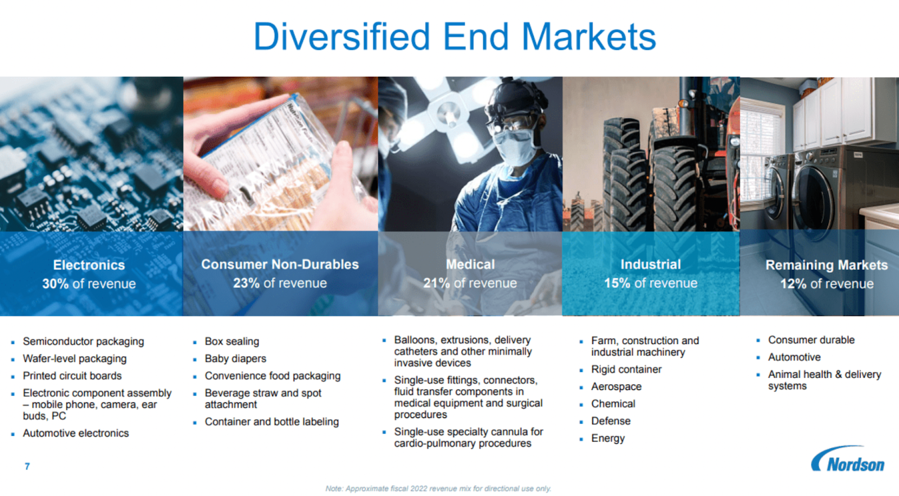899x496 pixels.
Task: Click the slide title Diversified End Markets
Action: pos(455,37)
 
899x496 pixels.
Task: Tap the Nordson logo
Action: pos(848,459)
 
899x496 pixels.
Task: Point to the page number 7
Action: pos(27,466)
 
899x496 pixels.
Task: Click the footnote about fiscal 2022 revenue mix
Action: pos(438,488)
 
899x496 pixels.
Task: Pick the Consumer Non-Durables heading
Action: pos(280,264)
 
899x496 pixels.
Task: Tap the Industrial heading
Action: pos(651,264)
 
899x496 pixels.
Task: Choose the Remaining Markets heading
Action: pos(827,265)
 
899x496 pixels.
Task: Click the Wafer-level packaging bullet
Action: pos(75,359)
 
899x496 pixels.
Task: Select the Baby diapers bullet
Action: pos(235,359)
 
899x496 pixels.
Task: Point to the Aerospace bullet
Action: pos(616,387)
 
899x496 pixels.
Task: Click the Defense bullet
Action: pos(611,421)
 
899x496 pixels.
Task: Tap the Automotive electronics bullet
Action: pos(76,433)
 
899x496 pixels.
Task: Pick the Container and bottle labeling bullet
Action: pos(272,421)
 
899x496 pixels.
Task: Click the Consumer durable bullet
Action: pos(811,340)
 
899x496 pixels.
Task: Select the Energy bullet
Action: pos(608,439)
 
